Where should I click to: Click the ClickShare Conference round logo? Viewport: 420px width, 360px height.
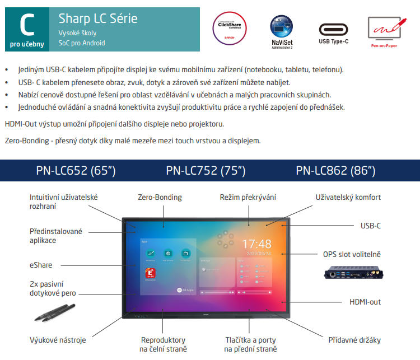coord(230,26)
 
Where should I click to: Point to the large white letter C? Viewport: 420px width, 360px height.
coord(25,23)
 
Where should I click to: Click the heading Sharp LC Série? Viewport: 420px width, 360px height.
coord(98,18)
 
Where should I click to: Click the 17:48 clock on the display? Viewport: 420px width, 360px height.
coord(257,244)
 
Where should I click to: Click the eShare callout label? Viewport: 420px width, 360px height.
coord(41,265)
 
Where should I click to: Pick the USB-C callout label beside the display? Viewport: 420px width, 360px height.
coord(370,226)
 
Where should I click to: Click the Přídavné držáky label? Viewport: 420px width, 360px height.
coord(354,339)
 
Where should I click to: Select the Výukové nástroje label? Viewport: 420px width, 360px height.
coord(58,339)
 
